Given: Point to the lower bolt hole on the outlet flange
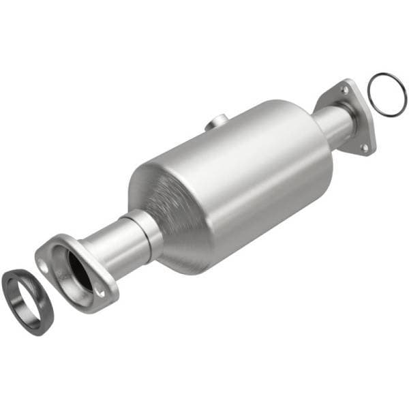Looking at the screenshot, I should click(364, 146).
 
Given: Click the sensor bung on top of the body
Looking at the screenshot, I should click(217, 121).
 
